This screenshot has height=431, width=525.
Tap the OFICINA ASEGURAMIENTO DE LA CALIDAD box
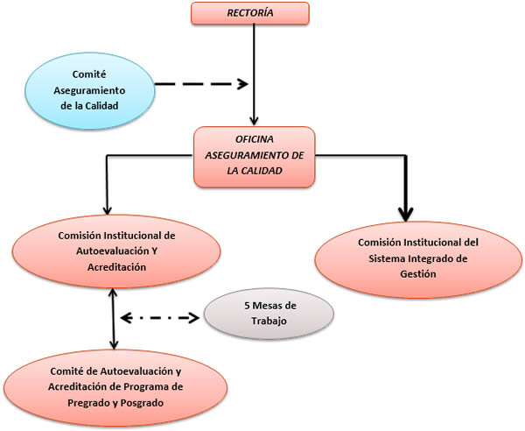(x=253, y=156)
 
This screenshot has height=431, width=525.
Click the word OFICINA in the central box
(x=253, y=140)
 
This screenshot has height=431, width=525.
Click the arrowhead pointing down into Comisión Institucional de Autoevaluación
(x=106, y=210)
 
